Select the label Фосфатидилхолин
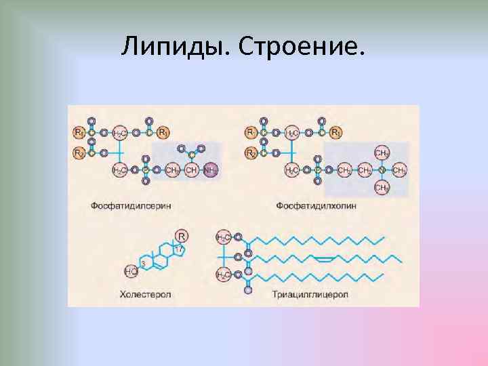coord(315,204)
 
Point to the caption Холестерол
coord(145,294)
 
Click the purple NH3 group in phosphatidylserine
coord(211,170)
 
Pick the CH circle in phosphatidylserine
coord(192,170)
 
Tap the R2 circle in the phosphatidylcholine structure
coord(251,153)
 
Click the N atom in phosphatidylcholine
coord(382,170)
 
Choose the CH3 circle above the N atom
coord(382,152)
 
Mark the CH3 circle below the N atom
coord(382,188)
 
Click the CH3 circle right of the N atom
coord(400,170)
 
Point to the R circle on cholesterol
coord(182,236)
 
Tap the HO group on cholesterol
coord(131,272)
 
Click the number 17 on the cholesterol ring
coord(179,249)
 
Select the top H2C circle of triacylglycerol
coord(223,237)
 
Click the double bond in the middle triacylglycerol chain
coord(323,258)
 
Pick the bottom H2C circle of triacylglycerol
coord(223,274)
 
